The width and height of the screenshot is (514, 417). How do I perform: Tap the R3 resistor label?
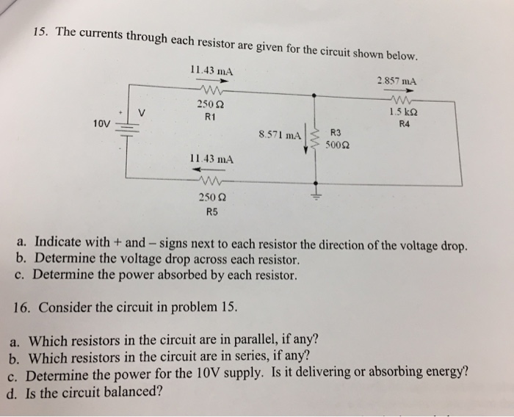point(336,133)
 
